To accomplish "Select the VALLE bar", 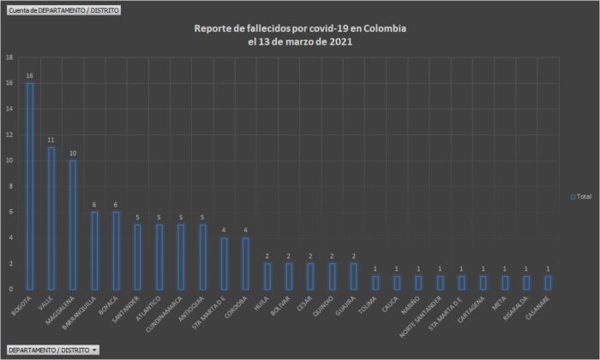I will point(51,219).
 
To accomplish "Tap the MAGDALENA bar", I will point(73,225).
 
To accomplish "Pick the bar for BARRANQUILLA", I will point(94,250).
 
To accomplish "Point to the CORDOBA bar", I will point(246,263).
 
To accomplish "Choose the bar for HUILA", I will point(267,276).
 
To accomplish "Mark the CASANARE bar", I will point(549,282).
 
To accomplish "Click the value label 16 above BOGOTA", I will point(30,75).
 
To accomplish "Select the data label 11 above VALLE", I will point(51,140).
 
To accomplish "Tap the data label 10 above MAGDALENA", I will point(73,153).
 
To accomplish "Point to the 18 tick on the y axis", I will point(9,57).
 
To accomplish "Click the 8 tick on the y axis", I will point(9,186).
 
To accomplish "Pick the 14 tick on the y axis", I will point(9,109).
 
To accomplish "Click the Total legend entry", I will point(581,196).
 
